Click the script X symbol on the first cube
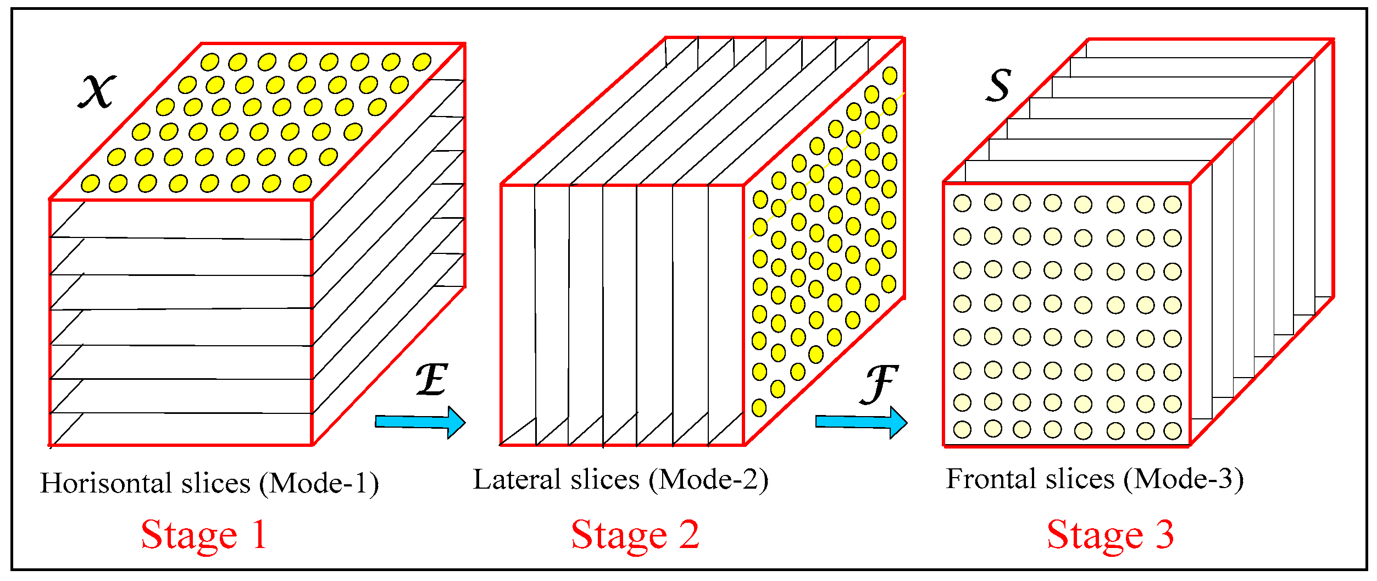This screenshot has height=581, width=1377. click(97, 91)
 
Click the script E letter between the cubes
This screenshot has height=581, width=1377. click(432, 379)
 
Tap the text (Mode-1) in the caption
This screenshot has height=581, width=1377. click(319, 484)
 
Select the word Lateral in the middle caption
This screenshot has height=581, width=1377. click(517, 480)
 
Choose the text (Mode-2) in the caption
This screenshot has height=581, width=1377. click(708, 480)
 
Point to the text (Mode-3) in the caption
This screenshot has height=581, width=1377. click(1184, 479)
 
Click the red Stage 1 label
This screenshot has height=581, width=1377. click(204, 535)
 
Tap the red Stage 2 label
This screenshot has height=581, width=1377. click(635, 535)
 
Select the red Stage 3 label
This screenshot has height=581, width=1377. click(1111, 535)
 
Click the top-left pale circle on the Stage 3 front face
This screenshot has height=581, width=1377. click(962, 203)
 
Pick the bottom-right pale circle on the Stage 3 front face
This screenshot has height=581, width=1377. click(1173, 430)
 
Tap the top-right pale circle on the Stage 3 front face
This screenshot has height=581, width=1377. click(1173, 204)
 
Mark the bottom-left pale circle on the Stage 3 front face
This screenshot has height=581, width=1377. click(962, 429)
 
